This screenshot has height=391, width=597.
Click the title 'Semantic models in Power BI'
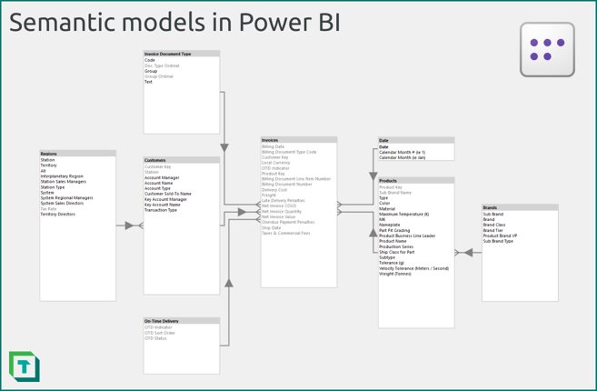coord(174,23)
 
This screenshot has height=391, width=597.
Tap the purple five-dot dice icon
coord(547,49)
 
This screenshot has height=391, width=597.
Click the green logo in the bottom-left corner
coord(24,366)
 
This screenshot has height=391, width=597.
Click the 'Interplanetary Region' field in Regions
coord(62,176)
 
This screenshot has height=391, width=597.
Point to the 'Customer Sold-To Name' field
coord(168,194)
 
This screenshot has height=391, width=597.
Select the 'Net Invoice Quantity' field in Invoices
coord(282,212)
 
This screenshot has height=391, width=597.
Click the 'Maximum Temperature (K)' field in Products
coord(403,215)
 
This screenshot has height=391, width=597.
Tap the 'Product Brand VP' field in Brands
coord(500,236)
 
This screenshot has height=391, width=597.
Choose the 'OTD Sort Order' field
coord(160,333)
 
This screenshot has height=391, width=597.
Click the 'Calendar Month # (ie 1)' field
coord(402,152)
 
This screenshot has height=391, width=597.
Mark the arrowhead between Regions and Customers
coord(129,226)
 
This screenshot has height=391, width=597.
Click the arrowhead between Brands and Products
coord(469,253)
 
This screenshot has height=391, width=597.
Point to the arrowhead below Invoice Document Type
coord(224,147)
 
